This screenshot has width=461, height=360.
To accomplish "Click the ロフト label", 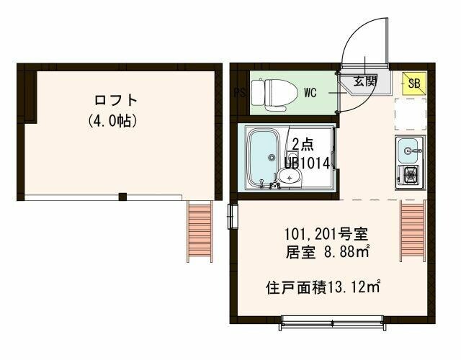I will pos(115,100).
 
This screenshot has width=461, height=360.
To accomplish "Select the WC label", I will pos(310,92).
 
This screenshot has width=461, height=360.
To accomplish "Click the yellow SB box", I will pos(413,84).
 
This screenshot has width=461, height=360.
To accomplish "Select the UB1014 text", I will pos(306,163).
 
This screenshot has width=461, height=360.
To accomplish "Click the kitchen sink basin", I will pos(410,150).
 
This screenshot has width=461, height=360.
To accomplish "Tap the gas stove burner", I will pos(410,174).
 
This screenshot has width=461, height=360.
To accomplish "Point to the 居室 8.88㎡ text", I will pos(328,252).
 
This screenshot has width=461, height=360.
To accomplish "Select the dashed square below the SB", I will pos(410,111).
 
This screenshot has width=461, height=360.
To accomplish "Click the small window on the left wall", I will pos(233,216).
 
